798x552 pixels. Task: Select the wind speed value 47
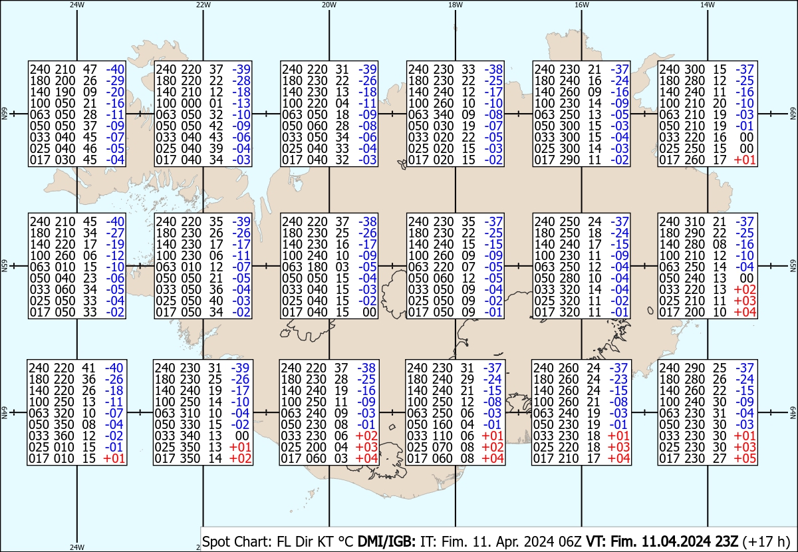click(90, 69)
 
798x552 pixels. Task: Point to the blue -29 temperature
click(115, 80)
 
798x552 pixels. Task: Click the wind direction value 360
click(64, 436)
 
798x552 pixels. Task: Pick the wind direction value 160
click(442, 424)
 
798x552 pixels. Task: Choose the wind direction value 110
click(442, 436)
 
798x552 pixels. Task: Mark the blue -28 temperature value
click(241, 80)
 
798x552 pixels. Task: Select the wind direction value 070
click(442, 447)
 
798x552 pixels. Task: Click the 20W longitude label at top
click(329, 5)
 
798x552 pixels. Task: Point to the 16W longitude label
click(582, 5)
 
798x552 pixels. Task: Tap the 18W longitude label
click(456, 5)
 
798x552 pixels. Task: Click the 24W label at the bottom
click(77, 547)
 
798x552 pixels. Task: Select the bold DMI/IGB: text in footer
click(386, 541)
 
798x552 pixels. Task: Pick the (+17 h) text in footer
click(766, 541)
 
